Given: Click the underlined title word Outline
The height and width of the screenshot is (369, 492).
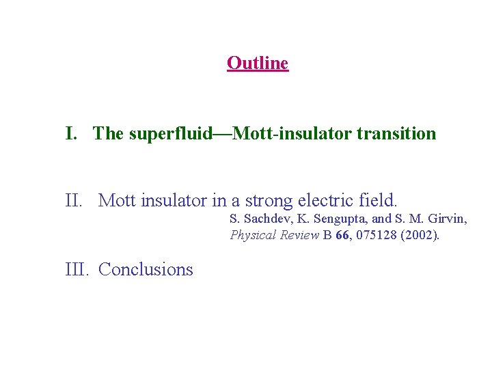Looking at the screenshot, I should [258, 64].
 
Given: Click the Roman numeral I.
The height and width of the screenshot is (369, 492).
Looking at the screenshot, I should [70, 133].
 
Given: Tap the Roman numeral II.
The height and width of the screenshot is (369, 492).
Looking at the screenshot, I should [75, 201].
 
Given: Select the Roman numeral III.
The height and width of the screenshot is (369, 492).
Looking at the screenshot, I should [78, 269].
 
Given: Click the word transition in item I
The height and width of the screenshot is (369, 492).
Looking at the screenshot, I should [396, 133].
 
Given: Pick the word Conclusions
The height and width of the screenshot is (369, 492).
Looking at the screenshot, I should [146, 269].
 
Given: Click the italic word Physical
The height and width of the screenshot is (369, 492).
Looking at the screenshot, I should [252, 236].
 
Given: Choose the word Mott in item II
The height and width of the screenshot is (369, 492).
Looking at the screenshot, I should [117, 201].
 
